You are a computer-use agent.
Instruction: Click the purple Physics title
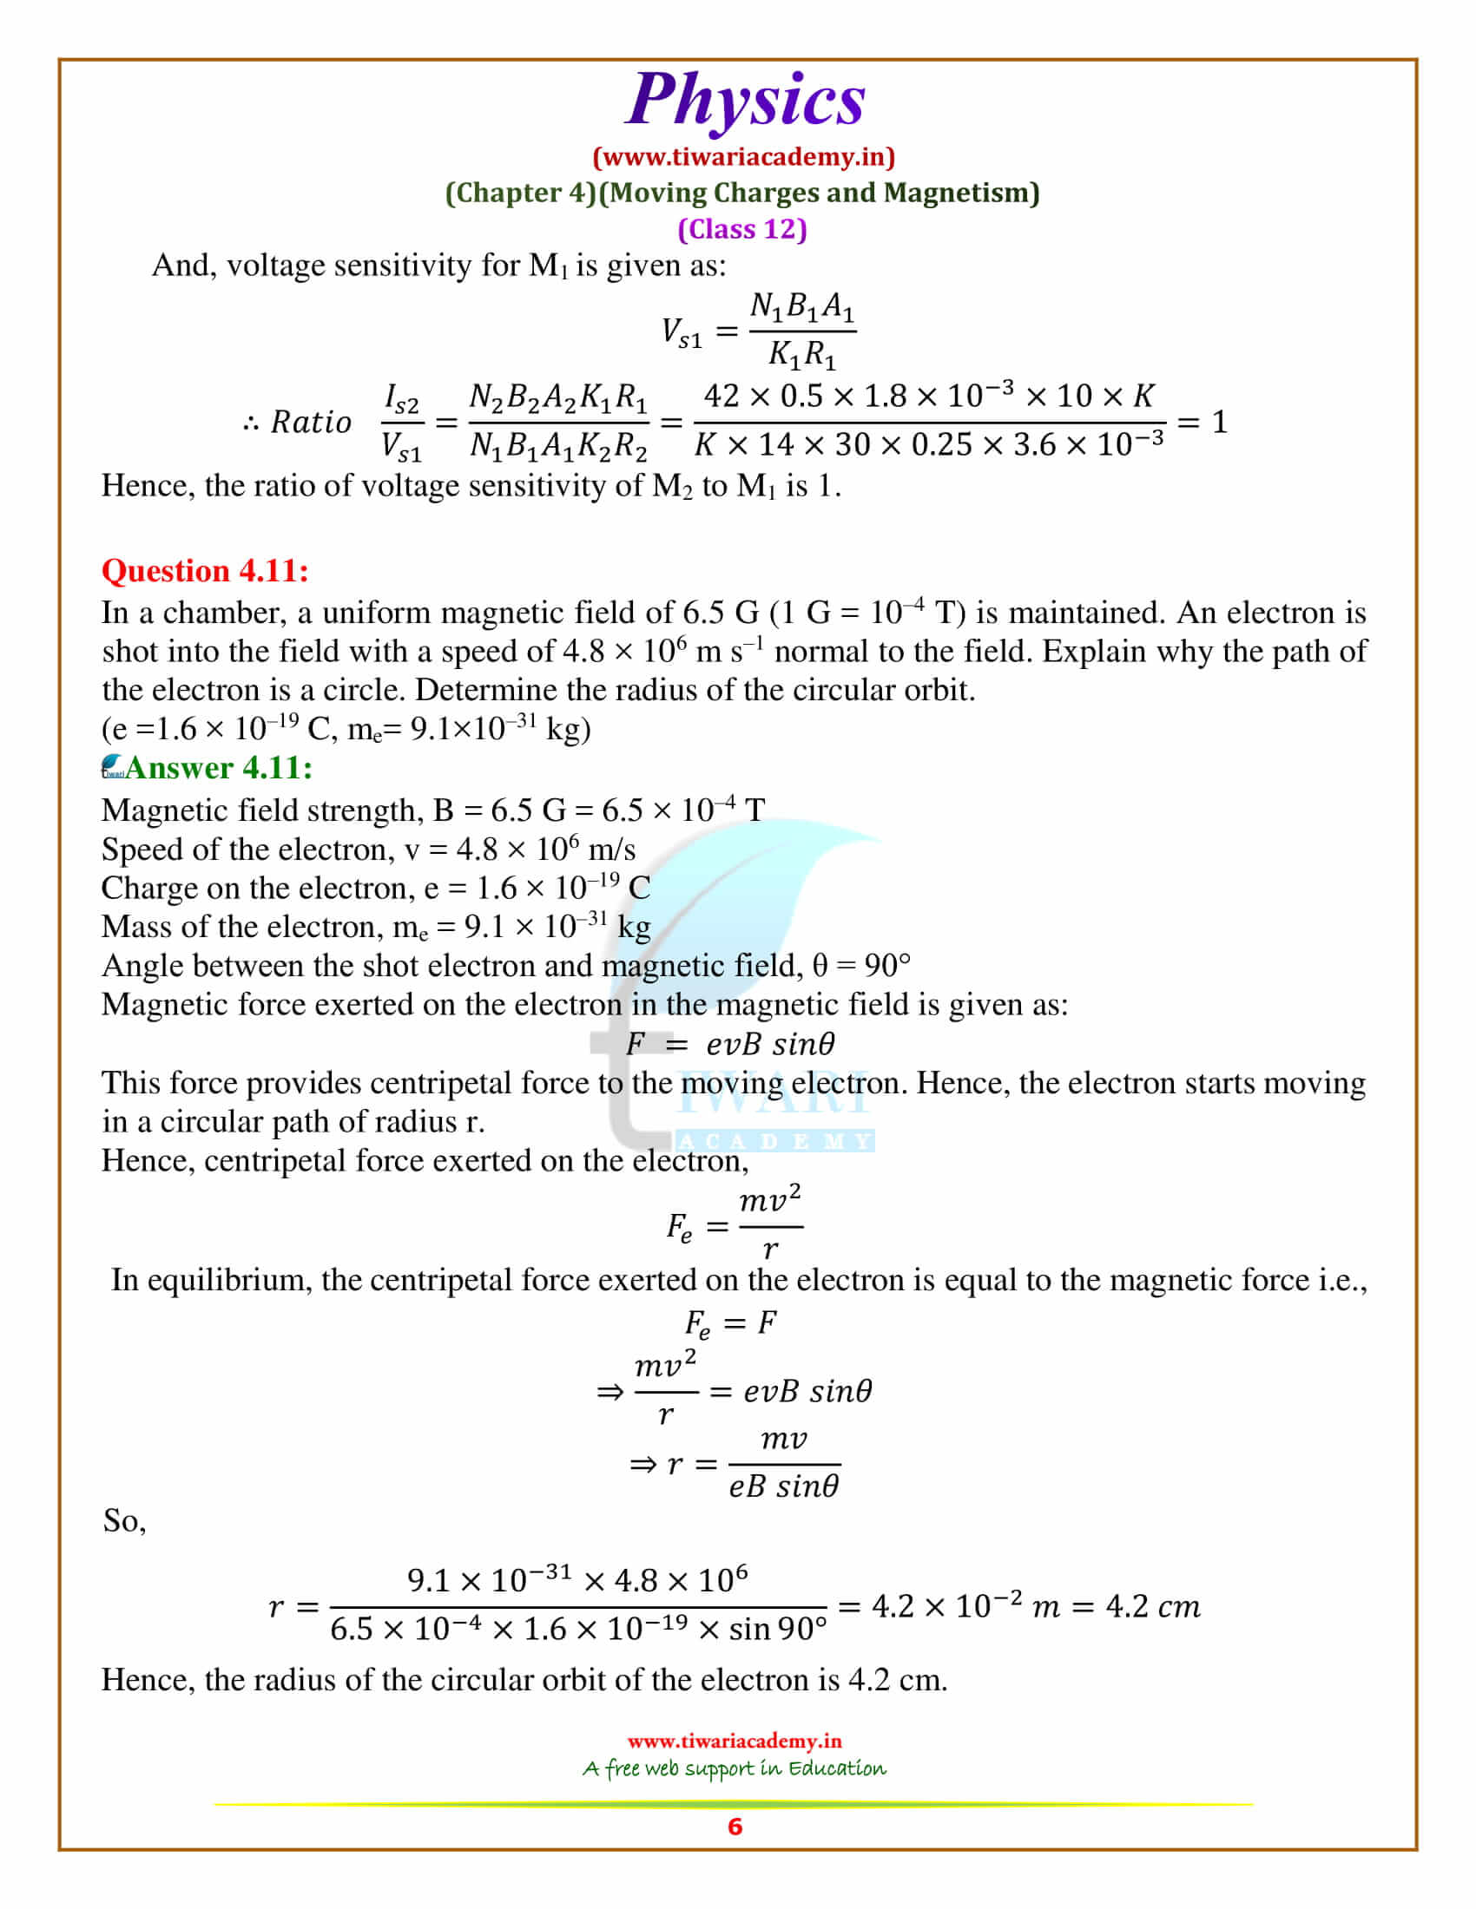point(745,101)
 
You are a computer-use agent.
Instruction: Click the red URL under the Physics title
point(743,157)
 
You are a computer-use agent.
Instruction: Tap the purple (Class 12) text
point(741,229)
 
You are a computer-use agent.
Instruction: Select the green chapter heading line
point(741,194)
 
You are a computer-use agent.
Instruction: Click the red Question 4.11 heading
point(205,571)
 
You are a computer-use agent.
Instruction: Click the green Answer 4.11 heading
point(219,767)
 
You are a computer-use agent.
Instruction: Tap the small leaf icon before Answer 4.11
point(113,766)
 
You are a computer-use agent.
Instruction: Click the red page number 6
point(735,1826)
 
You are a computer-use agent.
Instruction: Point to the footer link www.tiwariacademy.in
point(734,1741)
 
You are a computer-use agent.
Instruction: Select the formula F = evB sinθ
point(730,1044)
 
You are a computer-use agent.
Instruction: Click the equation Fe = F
point(730,1323)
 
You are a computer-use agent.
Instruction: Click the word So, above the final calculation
point(124,1521)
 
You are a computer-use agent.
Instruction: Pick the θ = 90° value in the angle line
point(861,966)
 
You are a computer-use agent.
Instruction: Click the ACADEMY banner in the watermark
point(774,1142)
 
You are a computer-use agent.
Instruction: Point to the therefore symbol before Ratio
point(252,424)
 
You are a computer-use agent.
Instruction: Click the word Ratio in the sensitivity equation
point(311,423)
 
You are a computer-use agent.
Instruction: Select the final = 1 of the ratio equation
point(1203,423)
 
